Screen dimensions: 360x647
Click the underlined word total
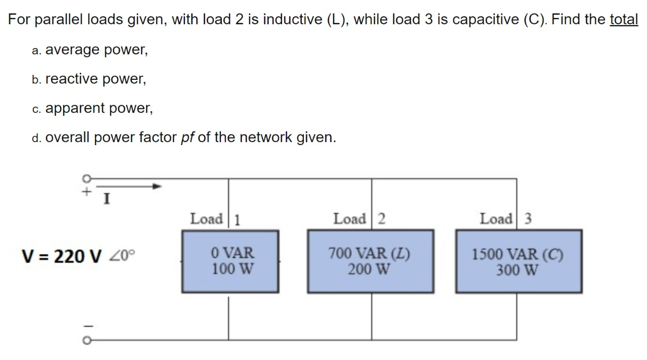(624, 20)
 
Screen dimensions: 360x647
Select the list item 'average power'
(96, 50)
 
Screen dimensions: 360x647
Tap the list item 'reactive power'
(96, 79)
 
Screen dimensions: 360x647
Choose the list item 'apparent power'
(99, 108)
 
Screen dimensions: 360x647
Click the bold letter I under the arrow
(107, 200)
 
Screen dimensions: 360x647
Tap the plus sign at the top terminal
(86, 192)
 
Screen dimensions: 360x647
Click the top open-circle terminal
(86, 178)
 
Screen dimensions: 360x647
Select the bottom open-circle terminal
(86, 341)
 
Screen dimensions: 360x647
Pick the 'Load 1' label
(215, 219)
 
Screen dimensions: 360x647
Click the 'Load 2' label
(359, 219)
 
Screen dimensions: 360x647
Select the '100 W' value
(233, 268)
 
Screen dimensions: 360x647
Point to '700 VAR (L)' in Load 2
(369, 253)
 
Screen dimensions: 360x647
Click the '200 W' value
(369, 269)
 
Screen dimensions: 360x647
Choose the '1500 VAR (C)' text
(518, 254)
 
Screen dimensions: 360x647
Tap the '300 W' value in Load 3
(517, 270)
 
